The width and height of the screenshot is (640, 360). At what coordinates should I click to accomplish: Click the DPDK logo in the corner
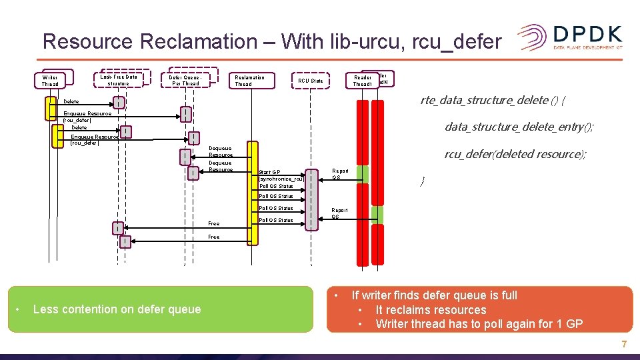tap(570, 38)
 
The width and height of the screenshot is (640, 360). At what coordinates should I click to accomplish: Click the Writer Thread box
tap(50, 81)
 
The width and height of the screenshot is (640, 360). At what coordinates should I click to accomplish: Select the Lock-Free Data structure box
tap(118, 80)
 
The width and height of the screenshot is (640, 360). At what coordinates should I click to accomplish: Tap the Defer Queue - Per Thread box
tap(185, 80)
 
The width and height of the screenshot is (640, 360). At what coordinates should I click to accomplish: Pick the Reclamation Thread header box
tap(249, 81)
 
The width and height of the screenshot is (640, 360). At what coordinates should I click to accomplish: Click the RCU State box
tap(310, 81)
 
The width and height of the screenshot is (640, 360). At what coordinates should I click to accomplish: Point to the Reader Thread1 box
tap(362, 81)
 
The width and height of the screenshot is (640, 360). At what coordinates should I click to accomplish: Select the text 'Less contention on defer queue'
tap(117, 309)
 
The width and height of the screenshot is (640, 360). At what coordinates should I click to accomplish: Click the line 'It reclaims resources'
tap(431, 310)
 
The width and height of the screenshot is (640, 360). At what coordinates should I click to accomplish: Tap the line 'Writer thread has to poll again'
tap(479, 324)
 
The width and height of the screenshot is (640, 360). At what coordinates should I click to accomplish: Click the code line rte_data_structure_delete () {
tap(493, 101)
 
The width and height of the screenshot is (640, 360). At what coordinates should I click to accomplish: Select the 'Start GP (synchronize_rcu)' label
tap(281, 175)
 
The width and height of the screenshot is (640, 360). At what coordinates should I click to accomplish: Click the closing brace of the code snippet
tap(421, 181)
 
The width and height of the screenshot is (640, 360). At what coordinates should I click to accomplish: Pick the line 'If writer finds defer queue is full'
tap(434, 295)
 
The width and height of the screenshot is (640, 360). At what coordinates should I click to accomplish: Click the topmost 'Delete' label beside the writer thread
tap(70, 102)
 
